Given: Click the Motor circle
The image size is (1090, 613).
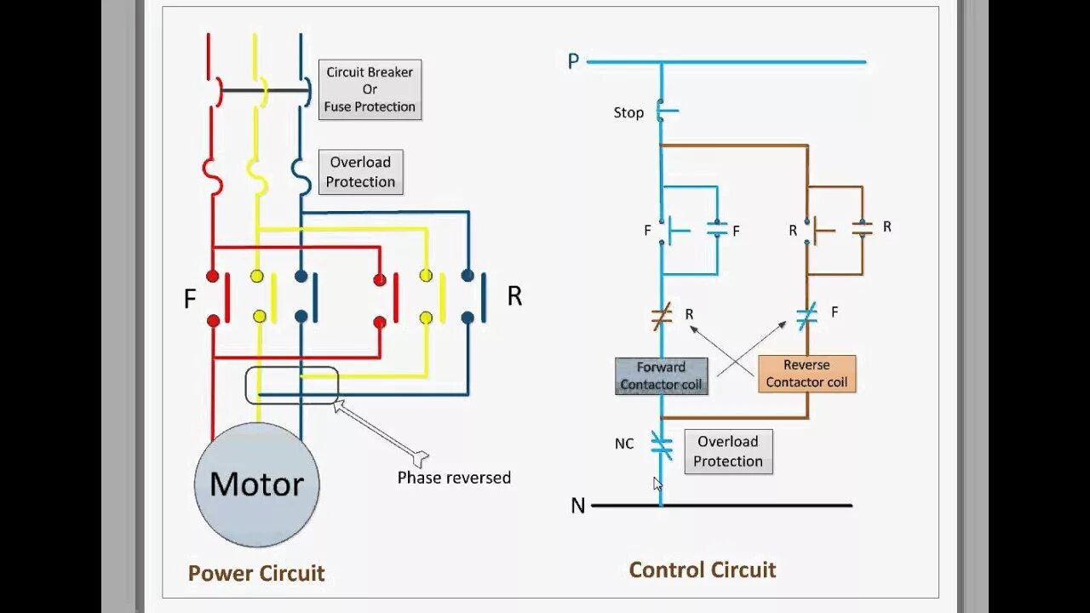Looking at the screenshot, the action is tap(257, 484).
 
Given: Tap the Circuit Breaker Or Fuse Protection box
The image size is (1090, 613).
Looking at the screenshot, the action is tap(370, 89).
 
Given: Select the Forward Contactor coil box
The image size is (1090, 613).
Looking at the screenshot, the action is tap(662, 376).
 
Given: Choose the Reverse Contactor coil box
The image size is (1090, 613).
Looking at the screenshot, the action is tap(806, 374).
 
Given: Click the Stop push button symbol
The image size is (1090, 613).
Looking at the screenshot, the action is tap(665, 111).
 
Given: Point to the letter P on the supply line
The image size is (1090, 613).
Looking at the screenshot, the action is tap(573, 61).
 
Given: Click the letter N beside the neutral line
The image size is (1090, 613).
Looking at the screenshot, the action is tap(577, 506).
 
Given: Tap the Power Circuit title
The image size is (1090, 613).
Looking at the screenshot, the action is tap(256, 573).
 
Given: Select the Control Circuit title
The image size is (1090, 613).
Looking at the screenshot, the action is tap(703, 570).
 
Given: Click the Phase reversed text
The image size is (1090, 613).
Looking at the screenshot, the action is tap(454, 478).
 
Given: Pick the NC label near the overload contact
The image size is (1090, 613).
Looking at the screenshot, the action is tap(624, 444).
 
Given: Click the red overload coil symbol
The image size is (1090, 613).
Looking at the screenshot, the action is tap(213, 176).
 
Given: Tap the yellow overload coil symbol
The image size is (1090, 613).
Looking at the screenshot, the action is tap(257, 176).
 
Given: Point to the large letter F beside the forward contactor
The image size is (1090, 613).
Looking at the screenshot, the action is tap(190, 298).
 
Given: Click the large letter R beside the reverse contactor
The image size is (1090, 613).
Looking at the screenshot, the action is tap(514, 295).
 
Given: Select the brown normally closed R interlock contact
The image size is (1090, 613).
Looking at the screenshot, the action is tap(662, 316).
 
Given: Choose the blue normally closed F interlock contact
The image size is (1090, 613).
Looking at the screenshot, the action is tap(807, 316).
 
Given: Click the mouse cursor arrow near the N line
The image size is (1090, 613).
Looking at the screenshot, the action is tap(657, 484).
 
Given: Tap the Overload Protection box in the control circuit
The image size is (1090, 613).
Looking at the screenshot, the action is tap(728, 451).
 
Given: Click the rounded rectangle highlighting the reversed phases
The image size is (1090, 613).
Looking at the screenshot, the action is tap(292, 367).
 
